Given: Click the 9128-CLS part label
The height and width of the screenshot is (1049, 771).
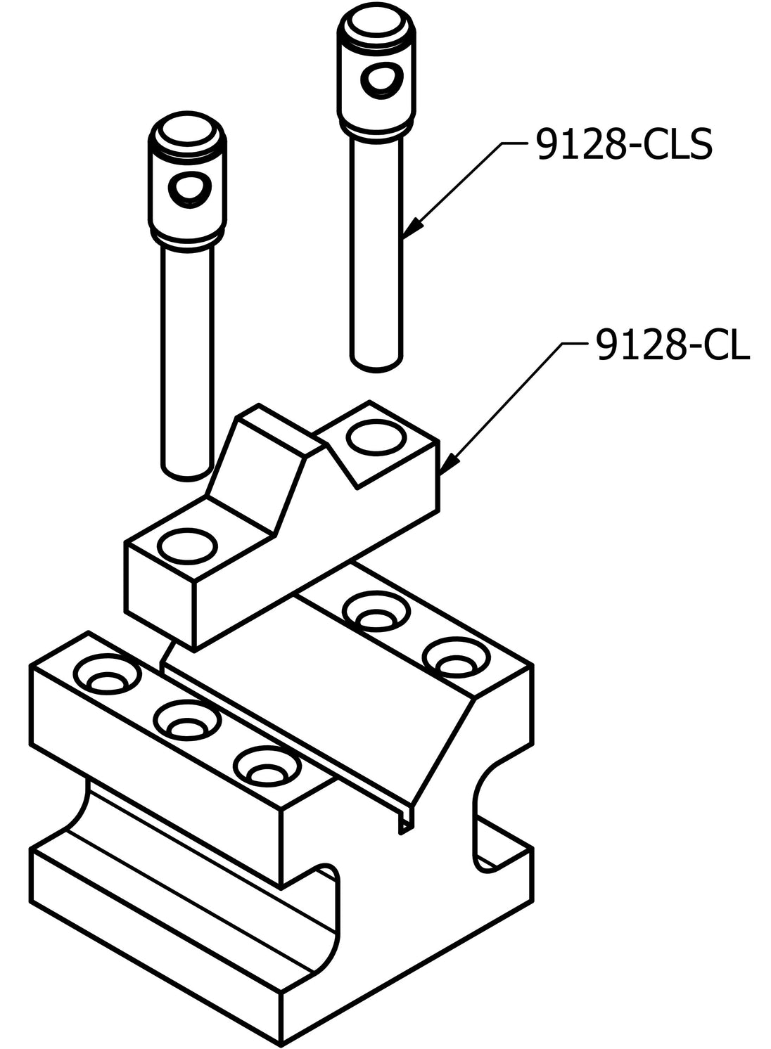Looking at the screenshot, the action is pos(624,143).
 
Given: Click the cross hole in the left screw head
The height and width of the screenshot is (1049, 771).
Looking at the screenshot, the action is pos(189,189).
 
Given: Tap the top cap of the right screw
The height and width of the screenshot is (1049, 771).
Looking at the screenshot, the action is pos(376,23).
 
